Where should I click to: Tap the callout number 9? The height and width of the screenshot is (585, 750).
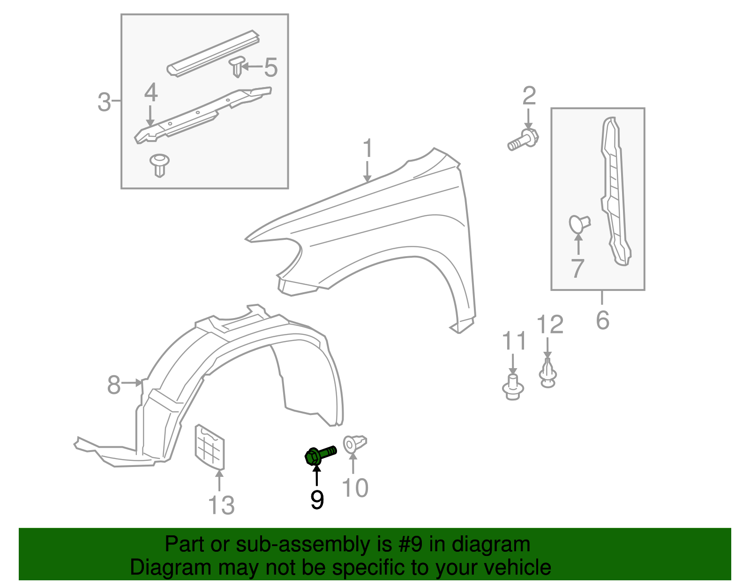pos(317,500)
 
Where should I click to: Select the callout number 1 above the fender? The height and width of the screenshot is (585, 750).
pos(368,148)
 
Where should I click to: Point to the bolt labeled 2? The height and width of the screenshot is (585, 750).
pos(523,140)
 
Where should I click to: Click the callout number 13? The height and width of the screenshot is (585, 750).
pos(221,505)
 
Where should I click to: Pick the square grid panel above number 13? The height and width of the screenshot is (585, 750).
pos(210,446)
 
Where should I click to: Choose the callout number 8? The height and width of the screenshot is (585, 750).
pos(114,385)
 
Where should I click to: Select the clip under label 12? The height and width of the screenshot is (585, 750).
pos(547,373)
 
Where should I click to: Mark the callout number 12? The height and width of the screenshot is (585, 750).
pos(549,324)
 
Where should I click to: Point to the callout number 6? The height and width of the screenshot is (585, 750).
pos(602,320)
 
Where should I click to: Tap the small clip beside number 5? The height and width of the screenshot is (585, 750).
pos(237,67)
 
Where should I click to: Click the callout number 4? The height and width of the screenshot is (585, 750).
pos(151,93)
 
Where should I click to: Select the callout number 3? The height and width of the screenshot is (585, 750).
pos(104,102)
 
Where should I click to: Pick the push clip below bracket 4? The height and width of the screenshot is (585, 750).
pos(160,164)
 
